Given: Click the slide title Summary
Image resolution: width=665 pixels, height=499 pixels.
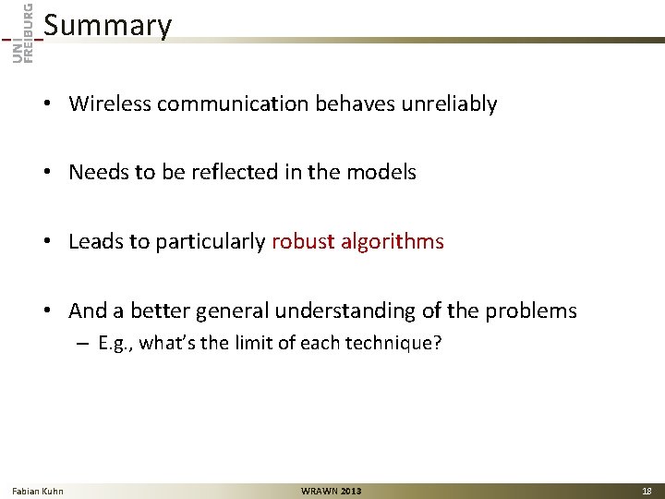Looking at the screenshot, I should pyautogui.click(x=107, y=26).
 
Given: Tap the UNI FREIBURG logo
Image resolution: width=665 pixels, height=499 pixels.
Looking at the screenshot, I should pyautogui.click(x=24, y=33).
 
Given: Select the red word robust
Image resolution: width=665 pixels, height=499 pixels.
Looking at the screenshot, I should pyautogui.click(x=303, y=242).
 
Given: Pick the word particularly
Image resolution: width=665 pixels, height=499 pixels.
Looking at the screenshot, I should pyautogui.click(x=209, y=242).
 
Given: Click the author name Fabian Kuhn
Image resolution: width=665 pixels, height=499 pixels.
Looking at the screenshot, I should pyautogui.click(x=38, y=491).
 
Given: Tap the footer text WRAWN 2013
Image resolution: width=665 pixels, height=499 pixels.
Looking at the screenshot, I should pyautogui.click(x=332, y=491).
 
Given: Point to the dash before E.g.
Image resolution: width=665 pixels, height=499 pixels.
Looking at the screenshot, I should pyautogui.click(x=81, y=344).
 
